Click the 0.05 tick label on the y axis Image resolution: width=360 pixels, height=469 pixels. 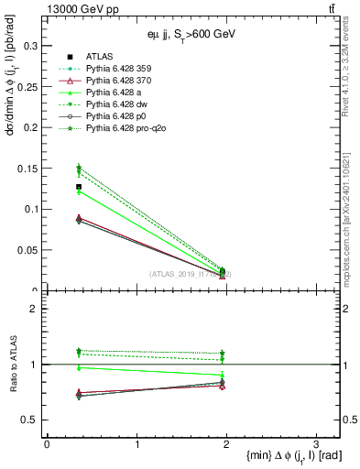pyautogui.click(x=31, y=250)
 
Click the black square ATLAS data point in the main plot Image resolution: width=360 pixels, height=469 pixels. pyautogui.click(x=79, y=187)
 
